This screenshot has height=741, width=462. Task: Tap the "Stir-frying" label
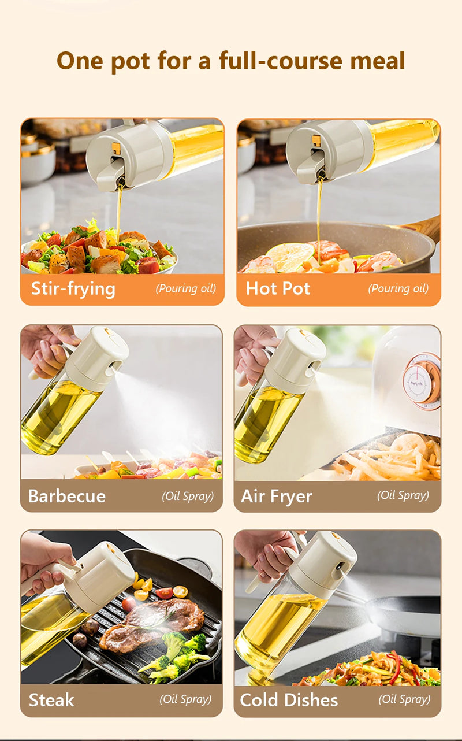tap(73, 288)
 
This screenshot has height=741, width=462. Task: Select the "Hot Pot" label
tap(278, 288)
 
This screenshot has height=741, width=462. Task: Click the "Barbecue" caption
tap(67, 496)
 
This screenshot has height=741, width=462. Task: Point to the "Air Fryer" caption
tap(277, 496)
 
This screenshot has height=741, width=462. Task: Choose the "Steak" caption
tap(51, 700)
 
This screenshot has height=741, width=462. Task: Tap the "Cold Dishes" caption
tap(289, 700)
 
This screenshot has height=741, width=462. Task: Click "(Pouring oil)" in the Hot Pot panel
tap(398, 288)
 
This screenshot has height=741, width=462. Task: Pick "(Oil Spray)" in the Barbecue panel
tap(188, 496)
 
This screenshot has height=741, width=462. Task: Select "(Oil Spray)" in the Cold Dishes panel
tap(404, 699)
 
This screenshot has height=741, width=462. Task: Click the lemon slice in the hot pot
tap(290, 256)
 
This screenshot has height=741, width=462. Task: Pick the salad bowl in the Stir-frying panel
tap(98, 254)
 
